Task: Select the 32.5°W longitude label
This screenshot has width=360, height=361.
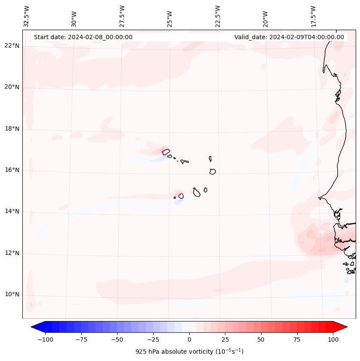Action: coord(27,16)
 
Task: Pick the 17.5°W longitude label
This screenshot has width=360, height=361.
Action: coord(313,16)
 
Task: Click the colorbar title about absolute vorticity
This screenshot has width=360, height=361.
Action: coord(189,352)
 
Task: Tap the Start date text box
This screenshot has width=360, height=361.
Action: coord(83,37)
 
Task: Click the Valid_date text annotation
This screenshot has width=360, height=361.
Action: coord(289,37)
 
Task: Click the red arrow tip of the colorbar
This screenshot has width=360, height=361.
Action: coord(344,327)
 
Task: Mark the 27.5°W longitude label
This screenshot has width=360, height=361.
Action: coord(122,16)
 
